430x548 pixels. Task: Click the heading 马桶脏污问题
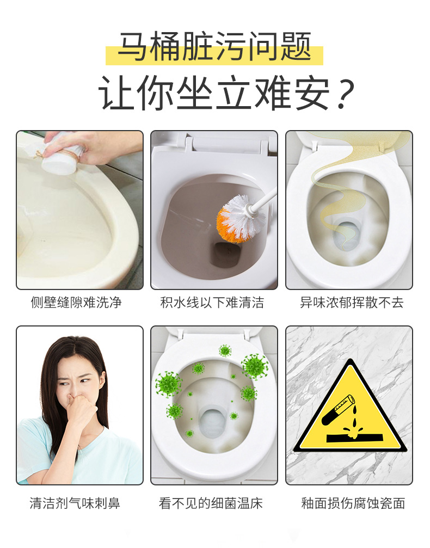tap(214, 46)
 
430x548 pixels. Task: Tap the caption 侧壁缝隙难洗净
tap(76, 303)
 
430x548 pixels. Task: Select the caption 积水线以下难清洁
tap(212, 303)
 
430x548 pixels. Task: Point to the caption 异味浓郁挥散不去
tap(352, 303)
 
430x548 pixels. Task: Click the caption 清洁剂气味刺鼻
tap(75, 503)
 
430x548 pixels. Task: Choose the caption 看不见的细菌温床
tap(211, 503)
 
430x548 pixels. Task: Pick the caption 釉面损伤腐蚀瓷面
tap(353, 503)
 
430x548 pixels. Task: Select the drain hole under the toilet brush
tap(226, 254)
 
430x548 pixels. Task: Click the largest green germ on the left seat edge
tap(169, 384)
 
